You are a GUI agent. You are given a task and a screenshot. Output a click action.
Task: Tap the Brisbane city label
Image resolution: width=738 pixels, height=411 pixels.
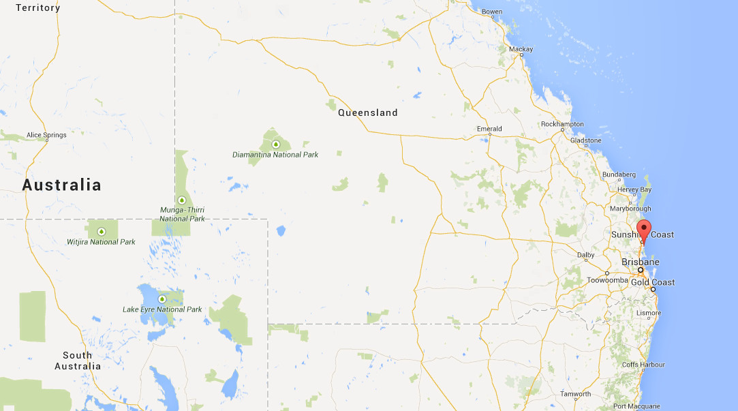click(x=640, y=262)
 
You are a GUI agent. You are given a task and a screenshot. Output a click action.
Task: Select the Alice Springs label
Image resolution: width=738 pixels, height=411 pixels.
click(x=46, y=135)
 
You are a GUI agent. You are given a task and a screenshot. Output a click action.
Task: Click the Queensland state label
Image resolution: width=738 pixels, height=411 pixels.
click(x=367, y=112)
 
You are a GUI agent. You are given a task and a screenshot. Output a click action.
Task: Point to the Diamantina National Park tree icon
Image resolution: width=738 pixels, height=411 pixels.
click(x=275, y=144)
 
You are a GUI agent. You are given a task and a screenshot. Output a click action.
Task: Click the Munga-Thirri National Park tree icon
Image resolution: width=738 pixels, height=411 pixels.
click(x=182, y=200)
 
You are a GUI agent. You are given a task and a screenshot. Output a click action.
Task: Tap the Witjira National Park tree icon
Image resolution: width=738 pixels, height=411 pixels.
click(x=102, y=232)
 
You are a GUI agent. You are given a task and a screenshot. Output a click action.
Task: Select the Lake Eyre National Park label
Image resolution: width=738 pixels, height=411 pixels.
click(x=162, y=309)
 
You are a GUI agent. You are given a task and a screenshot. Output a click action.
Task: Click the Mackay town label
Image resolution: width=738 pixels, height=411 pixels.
click(x=521, y=49)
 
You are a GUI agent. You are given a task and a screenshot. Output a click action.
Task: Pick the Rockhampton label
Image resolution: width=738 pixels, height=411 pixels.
click(x=562, y=124)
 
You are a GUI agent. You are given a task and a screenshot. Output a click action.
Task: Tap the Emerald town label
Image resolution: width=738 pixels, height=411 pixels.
click(x=489, y=129)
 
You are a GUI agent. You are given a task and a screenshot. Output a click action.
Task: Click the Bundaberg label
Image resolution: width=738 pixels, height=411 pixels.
click(x=619, y=174)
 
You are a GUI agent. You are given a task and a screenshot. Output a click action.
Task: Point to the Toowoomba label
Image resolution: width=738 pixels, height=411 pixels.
click(x=606, y=279)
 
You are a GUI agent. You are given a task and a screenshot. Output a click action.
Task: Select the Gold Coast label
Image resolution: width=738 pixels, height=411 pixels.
click(x=653, y=282)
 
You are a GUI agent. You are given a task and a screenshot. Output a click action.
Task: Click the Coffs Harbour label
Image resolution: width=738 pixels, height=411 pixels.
click(x=643, y=365)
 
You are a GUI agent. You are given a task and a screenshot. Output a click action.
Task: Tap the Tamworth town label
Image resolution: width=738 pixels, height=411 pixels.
click(x=576, y=394)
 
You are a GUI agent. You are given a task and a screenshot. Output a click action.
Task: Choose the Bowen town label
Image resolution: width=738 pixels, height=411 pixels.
click(x=491, y=12)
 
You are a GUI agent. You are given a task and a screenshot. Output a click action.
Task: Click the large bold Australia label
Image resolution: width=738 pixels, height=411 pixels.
click(x=61, y=185)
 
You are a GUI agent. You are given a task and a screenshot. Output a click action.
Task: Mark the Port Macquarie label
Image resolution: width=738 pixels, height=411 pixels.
click(x=636, y=406)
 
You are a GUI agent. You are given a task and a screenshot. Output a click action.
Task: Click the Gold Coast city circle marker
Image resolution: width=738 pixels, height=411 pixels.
click(x=653, y=290)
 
